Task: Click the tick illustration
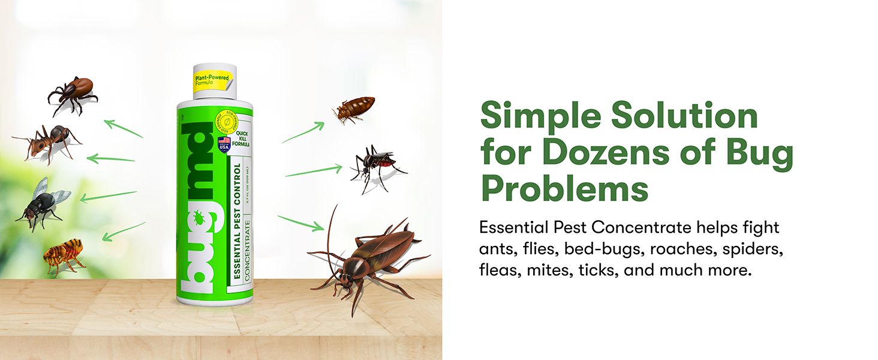[x=74, y=93]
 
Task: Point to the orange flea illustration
[x=64, y=255]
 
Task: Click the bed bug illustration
[x=354, y=109]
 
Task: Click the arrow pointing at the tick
[x=124, y=128]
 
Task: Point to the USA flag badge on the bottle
[x=224, y=144]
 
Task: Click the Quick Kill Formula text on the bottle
[x=242, y=140]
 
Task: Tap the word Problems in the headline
[x=564, y=190]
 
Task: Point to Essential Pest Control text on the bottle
[x=237, y=222]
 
